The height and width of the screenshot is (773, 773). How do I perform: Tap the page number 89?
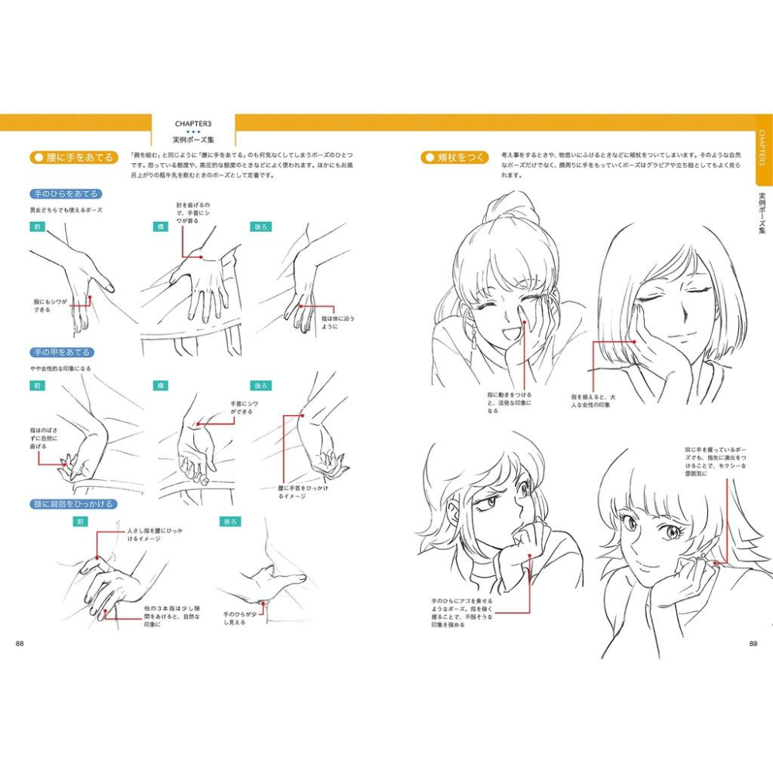(x=753, y=644)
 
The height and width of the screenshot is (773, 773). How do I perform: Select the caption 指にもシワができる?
(x=52, y=305)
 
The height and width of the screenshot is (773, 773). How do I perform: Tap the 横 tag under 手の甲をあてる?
(x=161, y=385)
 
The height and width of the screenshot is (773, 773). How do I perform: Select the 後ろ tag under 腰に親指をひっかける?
(x=230, y=522)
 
